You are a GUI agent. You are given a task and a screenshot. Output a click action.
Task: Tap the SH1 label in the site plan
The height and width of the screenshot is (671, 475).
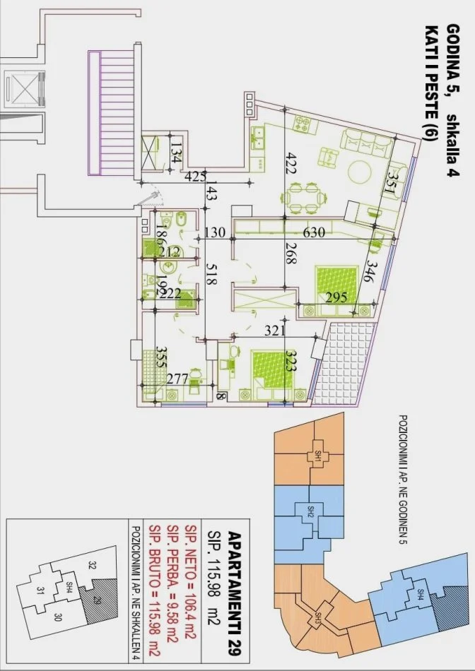point(319,456)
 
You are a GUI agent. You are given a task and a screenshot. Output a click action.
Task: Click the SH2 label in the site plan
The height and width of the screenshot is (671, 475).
point(310,510)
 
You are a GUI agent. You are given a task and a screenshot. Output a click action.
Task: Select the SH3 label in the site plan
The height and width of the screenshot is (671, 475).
point(318,618)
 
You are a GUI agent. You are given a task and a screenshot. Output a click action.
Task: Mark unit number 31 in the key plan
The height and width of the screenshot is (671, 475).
point(41,592)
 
